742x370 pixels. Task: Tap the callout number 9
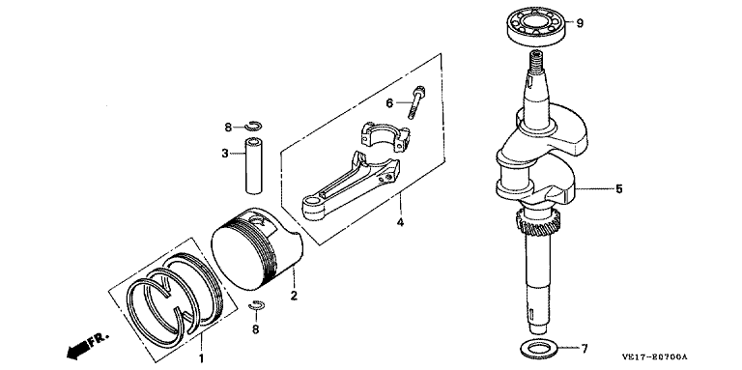pos(580,23)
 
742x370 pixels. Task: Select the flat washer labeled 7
pos(539,350)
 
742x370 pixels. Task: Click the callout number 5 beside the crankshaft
pos(619,189)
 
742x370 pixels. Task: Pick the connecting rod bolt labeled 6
pos(415,101)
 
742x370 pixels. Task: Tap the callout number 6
pos(389,102)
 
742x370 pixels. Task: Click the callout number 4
pos(400,222)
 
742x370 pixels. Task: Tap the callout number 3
pos(225,153)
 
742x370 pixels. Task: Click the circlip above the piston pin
pos(253,126)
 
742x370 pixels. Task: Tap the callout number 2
pos(294,297)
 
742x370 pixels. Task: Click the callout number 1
pos(201,358)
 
